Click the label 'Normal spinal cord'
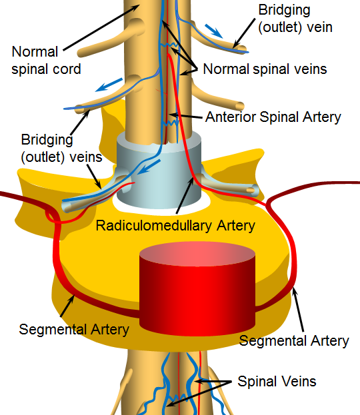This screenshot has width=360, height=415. (47, 61)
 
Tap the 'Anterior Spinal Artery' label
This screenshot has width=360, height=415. (273, 117)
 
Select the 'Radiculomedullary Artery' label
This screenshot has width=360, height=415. (175, 226)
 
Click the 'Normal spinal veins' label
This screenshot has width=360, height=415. (265, 69)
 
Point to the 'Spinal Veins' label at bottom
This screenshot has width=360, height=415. (277, 382)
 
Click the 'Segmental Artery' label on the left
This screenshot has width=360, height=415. (74, 330)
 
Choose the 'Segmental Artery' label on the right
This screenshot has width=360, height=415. (294, 340)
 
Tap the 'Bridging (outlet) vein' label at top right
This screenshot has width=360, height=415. (295, 19)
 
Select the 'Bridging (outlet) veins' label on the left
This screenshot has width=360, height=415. (61, 148)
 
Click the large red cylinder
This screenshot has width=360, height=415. (197, 288)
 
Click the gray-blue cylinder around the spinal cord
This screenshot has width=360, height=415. (159, 171)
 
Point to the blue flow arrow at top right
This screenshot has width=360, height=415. (213, 31)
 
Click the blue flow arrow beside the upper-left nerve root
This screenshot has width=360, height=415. (109, 85)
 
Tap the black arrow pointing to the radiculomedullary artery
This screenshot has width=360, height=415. (185, 195)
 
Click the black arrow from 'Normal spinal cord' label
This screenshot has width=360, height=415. (101, 27)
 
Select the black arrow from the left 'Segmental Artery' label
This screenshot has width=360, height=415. (67, 306)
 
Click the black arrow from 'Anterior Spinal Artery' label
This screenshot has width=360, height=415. (186, 116)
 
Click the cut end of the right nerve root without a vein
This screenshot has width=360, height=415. (240, 106)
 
